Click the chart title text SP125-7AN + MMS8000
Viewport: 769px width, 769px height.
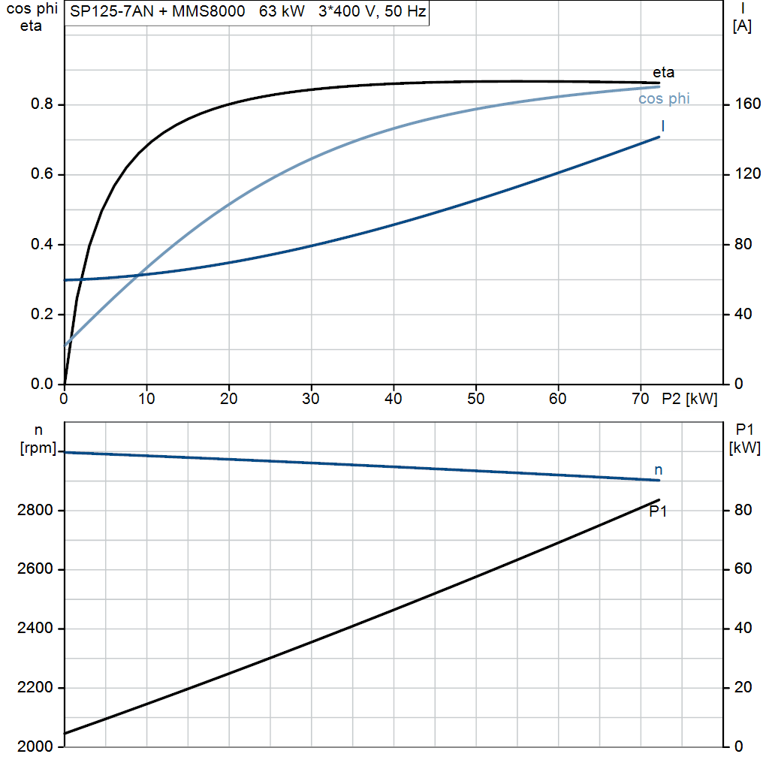(x=158, y=11)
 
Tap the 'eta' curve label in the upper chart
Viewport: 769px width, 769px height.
(x=663, y=73)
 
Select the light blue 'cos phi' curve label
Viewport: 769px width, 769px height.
(x=664, y=98)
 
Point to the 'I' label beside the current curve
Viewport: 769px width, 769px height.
(x=663, y=126)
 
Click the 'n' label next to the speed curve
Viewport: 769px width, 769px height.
(x=658, y=470)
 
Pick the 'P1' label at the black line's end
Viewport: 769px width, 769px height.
(x=658, y=511)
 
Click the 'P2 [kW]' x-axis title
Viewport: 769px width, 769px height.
(x=689, y=400)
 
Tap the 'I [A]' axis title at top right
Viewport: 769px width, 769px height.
(x=742, y=17)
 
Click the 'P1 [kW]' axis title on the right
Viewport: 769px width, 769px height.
(x=744, y=439)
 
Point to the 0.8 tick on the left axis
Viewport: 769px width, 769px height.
(x=42, y=104)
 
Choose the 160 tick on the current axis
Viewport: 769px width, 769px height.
(x=748, y=104)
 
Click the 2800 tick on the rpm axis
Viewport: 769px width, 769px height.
(x=35, y=510)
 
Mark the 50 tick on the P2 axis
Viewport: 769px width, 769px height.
(x=475, y=399)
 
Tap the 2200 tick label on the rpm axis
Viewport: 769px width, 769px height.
(x=35, y=688)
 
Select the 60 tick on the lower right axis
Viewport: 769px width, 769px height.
(x=743, y=569)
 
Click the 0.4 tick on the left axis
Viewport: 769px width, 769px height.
(x=42, y=244)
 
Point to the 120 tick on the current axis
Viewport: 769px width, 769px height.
(x=748, y=174)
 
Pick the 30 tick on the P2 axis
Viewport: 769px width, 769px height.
(x=311, y=399)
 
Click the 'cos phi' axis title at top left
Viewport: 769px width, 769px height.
(x=32, y=9)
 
